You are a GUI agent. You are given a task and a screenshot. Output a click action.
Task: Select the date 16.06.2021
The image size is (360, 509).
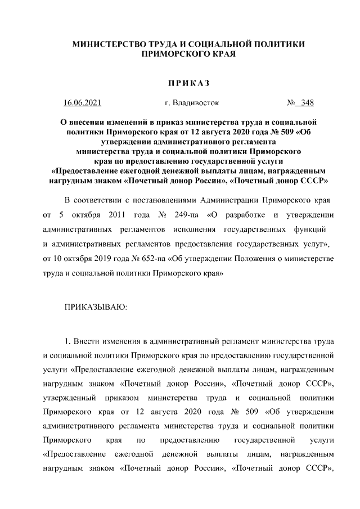[82, 103]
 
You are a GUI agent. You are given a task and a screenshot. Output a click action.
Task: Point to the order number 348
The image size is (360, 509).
[307, 103]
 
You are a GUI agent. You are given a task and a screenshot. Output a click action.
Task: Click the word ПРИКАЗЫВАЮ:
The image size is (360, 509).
[97, 308]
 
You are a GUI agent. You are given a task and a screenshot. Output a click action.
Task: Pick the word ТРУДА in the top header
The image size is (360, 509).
[162, 44]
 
